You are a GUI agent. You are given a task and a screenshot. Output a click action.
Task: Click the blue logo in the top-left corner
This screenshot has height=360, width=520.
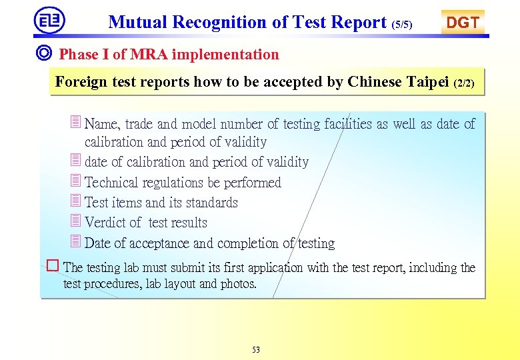point(50,20)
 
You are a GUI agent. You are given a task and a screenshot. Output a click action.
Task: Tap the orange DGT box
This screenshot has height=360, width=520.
point(463,22)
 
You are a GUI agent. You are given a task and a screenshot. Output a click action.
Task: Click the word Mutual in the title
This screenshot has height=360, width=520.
point(138,22)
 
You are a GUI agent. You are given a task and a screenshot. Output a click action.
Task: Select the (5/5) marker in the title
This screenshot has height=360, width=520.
point(402,25)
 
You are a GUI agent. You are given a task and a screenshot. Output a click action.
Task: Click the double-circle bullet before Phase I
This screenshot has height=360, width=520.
point(45,54)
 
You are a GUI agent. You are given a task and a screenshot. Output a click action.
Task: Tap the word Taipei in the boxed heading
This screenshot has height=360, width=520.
point(427,82)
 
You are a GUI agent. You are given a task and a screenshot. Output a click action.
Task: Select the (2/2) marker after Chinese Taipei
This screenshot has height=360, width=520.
point(464,85)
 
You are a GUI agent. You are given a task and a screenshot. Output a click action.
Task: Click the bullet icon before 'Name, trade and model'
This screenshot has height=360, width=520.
point(75,123)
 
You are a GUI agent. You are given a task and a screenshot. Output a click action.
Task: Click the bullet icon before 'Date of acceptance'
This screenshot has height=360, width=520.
point(75,242)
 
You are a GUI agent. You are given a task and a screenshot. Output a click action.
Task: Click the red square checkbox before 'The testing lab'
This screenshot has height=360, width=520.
point(53,266)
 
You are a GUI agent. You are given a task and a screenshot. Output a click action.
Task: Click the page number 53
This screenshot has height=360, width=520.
point(256,349)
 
